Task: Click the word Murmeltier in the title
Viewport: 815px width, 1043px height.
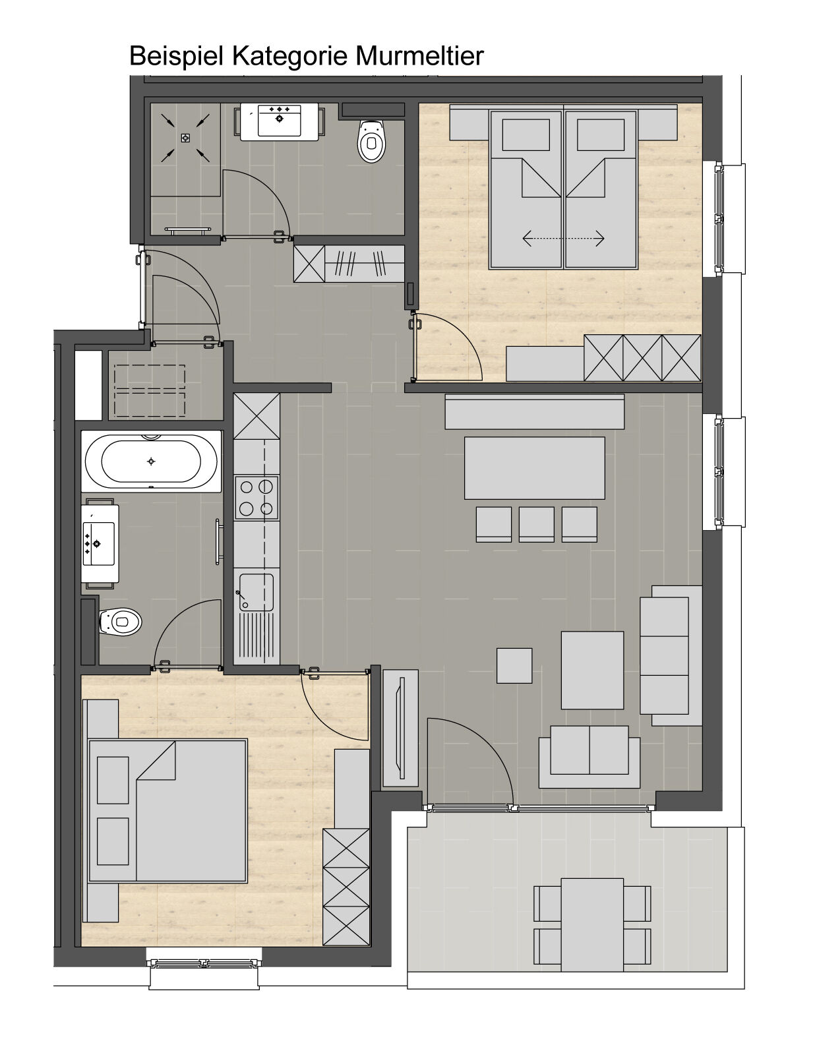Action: click(x=419, y=56)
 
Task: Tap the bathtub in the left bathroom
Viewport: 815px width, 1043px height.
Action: click(x=151, y=461)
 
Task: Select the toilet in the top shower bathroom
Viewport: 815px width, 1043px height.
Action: click(x=372, y=141)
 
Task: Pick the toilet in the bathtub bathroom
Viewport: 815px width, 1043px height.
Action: click(x=121, y=622)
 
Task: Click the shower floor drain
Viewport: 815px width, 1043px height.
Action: click(x=185, y=138)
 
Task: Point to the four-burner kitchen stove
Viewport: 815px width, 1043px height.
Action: click(x=257, y=497)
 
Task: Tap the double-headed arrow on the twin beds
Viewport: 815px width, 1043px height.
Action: click(x=563, y=238)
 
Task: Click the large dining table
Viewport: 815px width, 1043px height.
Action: click(x=535, y=468)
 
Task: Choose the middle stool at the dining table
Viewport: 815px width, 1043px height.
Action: click(x=537, y=525)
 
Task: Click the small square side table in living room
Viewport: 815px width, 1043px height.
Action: click(x=514, y=666)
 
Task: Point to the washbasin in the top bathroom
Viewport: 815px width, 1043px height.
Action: click(x=280, y=121)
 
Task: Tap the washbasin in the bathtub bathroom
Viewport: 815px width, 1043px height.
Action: click(x=100, y=543)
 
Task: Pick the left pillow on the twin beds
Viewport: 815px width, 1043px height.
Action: click(x=526, y=135)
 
